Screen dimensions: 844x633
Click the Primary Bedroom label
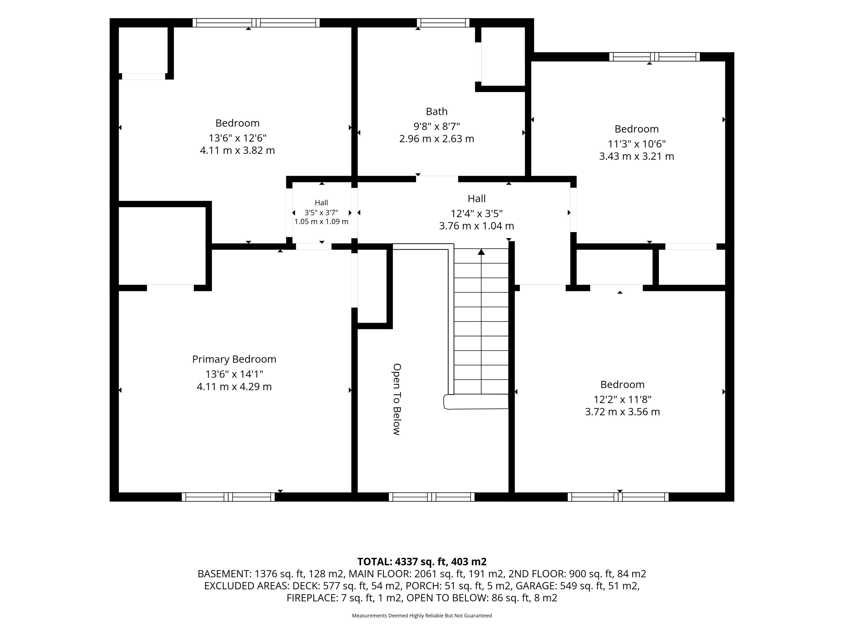234,359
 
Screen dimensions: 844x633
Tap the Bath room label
437,111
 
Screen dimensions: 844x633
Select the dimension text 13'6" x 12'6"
237,138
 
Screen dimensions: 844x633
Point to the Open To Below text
397,399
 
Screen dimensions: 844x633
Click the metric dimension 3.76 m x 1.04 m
477,226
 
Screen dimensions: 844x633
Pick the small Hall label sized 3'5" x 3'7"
321,203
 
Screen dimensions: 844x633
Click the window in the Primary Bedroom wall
228,497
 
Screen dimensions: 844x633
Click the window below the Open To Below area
431,497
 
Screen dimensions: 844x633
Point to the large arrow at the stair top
481,252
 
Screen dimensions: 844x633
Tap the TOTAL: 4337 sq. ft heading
422,562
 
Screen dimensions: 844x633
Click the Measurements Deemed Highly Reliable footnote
422,615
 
